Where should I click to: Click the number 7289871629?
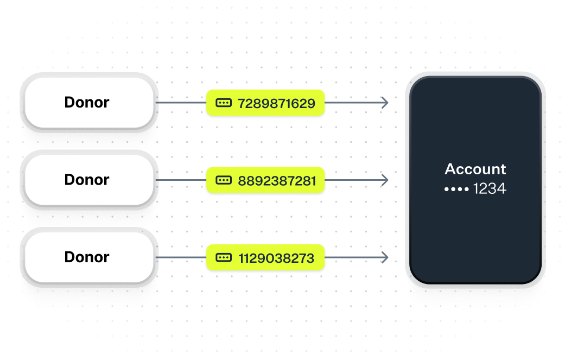[276, 103]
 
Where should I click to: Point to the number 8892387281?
[277, 180]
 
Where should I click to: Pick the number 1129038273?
[276, 258]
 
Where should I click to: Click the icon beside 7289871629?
[223, 103]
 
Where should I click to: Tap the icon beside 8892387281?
[223, 180]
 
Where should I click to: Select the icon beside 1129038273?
[223, 257]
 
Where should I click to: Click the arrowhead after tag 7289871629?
[385, 103]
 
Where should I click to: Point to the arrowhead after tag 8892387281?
[385, 180]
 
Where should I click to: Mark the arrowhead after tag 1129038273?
[385, 257]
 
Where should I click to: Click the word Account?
[475, 169]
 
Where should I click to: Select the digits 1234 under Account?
[490, 189]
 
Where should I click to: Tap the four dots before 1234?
[456, 190]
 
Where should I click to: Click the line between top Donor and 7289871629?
[181, 103]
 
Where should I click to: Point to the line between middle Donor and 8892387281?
[181, 180]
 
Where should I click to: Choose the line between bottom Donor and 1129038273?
[181, 257]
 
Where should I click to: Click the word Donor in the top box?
[87, 102]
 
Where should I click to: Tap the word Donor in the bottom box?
[87, 257]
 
